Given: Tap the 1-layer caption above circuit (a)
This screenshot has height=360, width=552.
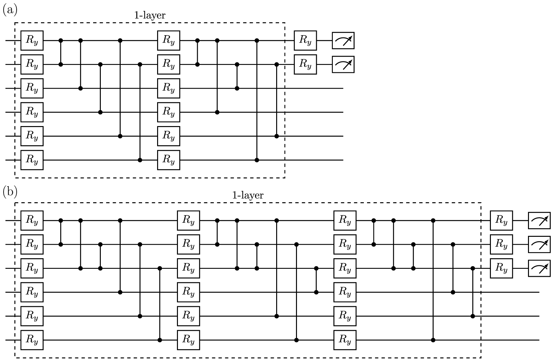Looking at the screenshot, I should tap(149, 15).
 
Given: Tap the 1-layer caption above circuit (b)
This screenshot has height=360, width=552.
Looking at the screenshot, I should tap(248, 195).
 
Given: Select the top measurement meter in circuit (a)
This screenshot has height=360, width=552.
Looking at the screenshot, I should tap(343, 41).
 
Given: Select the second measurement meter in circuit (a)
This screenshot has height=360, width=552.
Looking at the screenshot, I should tap(343, 65).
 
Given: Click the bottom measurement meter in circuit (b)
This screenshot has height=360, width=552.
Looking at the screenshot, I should tap(539, 268).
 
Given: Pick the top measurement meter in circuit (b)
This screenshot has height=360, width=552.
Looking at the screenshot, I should tap(539, 220).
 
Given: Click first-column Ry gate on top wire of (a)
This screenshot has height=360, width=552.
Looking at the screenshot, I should tap(32, 41).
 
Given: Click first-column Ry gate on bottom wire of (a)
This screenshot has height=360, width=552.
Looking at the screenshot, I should tap(32, 160).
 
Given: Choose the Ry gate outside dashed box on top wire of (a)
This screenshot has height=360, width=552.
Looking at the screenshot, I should tap(305, 41).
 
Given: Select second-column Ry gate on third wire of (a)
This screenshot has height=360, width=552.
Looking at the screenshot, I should tap(169, 88).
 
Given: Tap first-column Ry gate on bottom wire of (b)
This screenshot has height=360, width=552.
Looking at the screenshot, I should tap(32, 340).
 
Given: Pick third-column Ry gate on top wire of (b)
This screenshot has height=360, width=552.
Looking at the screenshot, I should tap(345, 220).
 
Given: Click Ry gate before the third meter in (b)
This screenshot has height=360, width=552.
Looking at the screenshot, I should tap(501, 268).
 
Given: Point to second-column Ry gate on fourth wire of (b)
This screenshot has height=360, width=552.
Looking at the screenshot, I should tap(188, 292).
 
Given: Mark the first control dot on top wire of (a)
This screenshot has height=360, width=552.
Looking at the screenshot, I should tap(61, 41).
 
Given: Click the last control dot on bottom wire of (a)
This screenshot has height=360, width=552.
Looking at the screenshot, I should tap(257, 160).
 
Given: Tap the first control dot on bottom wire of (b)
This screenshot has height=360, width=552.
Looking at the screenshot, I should tap(160, 340).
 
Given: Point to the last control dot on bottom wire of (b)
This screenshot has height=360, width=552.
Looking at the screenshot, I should tap(433, 340).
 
